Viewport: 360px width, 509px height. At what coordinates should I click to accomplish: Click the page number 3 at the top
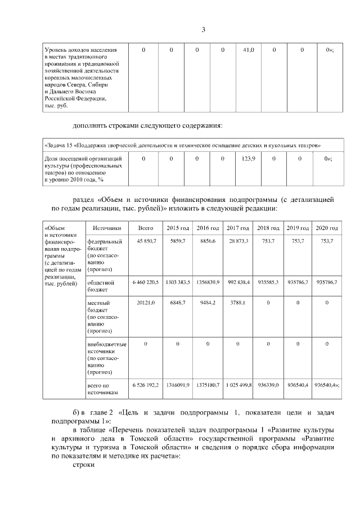(203, 29)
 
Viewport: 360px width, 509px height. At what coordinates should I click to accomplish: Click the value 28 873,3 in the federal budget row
(238, 241)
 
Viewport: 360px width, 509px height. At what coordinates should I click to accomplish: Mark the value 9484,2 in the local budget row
(208, 303)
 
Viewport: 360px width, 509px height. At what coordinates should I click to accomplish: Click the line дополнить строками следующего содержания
(148, 124)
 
